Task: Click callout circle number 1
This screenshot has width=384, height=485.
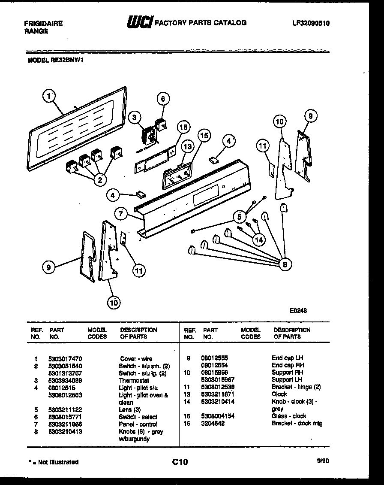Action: (49, 97)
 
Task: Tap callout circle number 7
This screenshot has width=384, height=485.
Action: (121, 213)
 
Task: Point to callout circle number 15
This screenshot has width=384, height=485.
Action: (204, 135)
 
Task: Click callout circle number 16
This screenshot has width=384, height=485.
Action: (183, 127)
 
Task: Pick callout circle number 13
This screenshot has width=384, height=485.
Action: (186, 147)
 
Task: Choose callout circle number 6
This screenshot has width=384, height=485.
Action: (162, 99)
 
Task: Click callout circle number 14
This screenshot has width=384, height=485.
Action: (258, 240)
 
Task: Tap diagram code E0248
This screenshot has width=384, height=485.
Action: (298, 311)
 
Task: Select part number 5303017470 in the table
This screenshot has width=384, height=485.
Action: (66, 359)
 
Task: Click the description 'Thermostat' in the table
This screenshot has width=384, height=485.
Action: (134, 381)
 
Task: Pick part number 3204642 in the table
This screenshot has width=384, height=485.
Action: (213, 424)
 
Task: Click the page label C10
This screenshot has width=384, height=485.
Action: (180, 462)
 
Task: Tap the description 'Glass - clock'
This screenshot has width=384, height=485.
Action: (289, 416)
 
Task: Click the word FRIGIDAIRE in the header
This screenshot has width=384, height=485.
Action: (43, 24)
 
